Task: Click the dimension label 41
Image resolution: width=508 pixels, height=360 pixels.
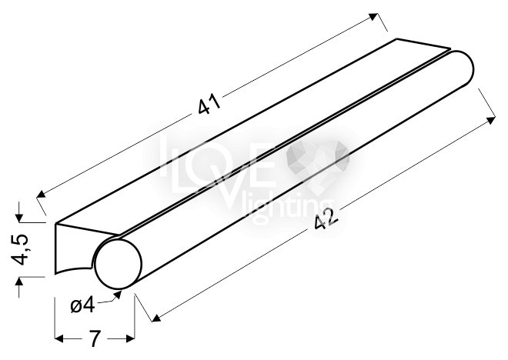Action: point(209,104)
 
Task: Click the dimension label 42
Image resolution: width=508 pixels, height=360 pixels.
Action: point(326,218)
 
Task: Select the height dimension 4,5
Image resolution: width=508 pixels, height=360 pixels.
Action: point(19,249)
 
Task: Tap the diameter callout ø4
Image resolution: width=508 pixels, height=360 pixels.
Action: point(83,305)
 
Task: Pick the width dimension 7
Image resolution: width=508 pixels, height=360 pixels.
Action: point(94,338)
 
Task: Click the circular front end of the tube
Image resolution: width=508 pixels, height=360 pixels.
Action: point(119,264)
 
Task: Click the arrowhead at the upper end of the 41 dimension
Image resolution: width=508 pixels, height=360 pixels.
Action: point(373,17)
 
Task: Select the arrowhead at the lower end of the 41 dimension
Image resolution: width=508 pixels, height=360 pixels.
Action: point(41,194)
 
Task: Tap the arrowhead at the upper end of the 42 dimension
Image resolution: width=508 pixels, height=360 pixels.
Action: point(491,120)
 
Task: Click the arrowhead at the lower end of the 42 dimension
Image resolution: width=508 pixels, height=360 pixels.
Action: point(156,318)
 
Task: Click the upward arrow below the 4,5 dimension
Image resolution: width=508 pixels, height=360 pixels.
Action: point(19,282)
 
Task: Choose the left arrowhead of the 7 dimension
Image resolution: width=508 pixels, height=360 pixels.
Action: point(59,339)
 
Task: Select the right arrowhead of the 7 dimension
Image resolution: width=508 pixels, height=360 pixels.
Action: point(130,339)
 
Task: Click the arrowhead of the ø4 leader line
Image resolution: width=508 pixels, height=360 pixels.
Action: point(117,295)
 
